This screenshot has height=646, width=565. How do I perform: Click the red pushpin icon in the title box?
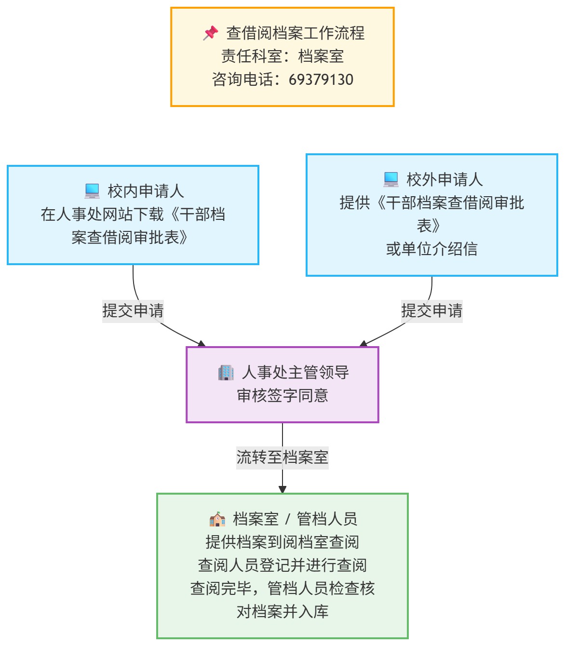(211, 33)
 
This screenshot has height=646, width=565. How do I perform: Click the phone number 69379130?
(321, 80)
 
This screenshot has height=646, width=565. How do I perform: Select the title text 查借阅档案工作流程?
(295, 33)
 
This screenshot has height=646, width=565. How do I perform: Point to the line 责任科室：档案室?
(282, 56)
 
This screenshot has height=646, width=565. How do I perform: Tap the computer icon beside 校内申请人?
(92, 191)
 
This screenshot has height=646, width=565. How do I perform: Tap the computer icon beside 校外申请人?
(391, 179)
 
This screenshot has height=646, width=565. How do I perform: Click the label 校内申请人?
(146, 191)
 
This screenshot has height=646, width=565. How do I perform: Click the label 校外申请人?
(444, 180)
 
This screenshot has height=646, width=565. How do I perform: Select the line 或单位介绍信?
(431, 249)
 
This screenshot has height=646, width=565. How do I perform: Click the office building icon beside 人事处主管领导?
(226, 373)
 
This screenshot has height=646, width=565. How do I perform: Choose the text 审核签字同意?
(282, 396)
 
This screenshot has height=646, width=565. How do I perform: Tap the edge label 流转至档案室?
(282, 458)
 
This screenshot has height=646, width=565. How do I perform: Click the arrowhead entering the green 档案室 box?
(282, 489)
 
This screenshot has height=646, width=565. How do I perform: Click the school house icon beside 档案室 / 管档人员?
(217, 519)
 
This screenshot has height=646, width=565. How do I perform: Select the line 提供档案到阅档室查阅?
(282, 542)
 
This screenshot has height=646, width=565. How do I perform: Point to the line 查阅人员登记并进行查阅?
(282, 565)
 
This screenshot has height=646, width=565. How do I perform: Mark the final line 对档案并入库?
(282, 612)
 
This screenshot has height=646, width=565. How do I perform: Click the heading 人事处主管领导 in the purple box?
(295, 373)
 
